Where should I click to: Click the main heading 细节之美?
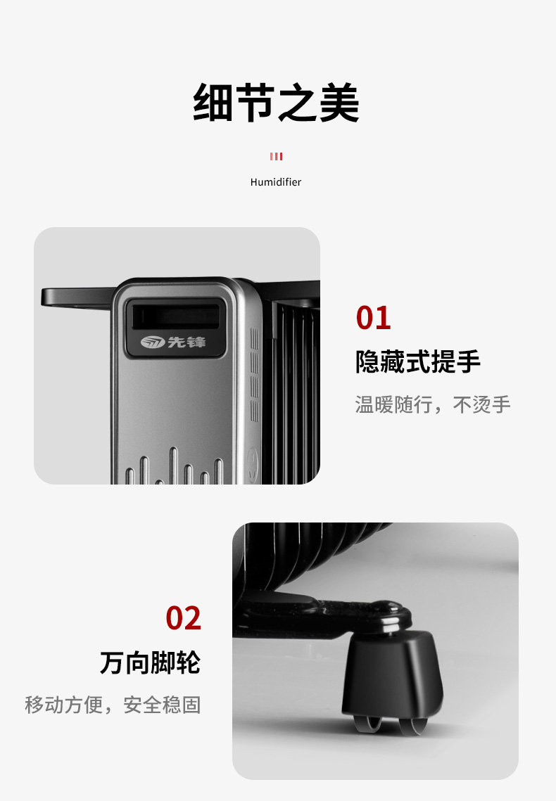pyautogui.click(x=276, y=103)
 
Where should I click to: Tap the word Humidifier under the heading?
pyautogui.click(x=276, y=182)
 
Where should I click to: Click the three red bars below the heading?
pyautogui.click(x=276, y=156)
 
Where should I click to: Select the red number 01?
pyautogui.click(x=374, y=318)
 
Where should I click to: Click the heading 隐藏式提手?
pyautogui.click(x=418, y=361)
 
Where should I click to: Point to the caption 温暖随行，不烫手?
pyautogui.click(x=433, y=404)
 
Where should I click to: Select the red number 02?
pyautogui.click(x=184, y=618)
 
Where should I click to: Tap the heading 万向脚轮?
pyautogui.click(x=150, y=662)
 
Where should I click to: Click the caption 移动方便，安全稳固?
pyautogui.click(x=113, y=705)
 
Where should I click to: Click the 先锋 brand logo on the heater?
pyautogui.click(x=173, y=342)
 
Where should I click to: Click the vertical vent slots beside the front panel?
pyautogui.click(x=254, y=374)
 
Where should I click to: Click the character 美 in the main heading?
pyautogui.click(x=339, y=103)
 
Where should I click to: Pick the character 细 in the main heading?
pyautogui.click(x=213, y=103)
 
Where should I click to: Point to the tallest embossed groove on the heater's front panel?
pyautogui.click(x=174, y=466)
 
